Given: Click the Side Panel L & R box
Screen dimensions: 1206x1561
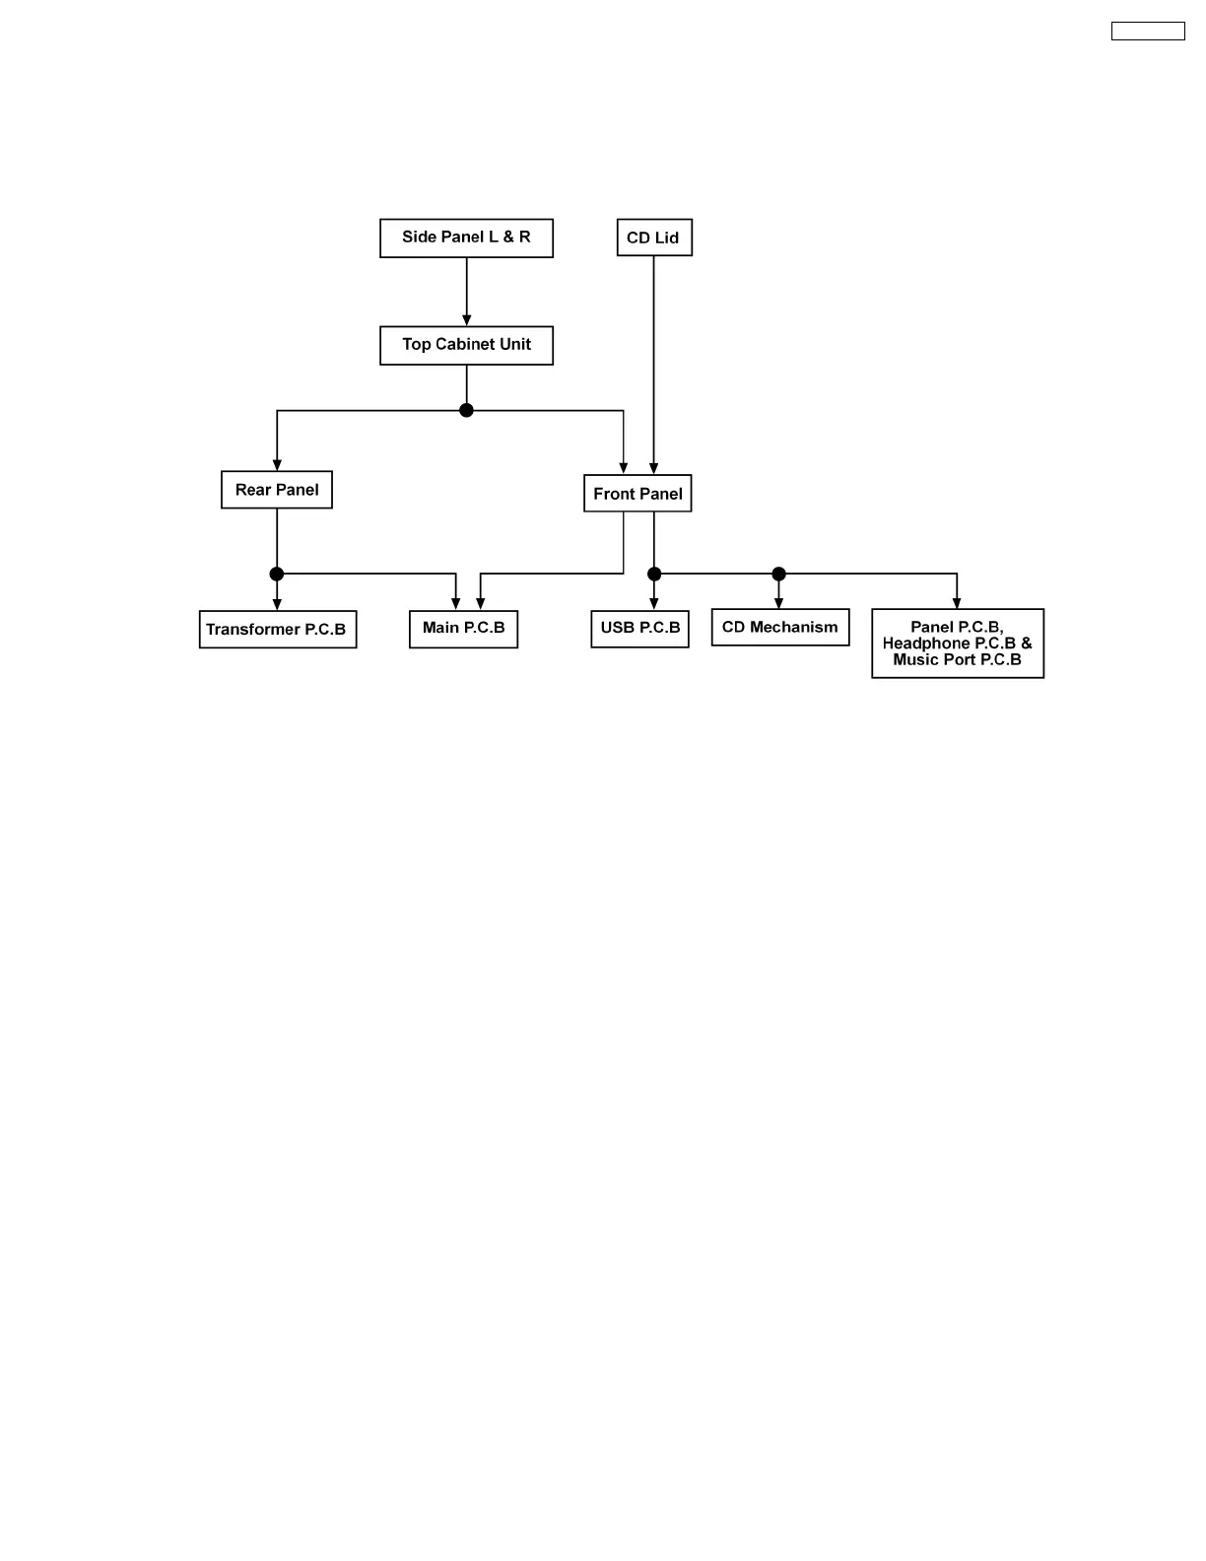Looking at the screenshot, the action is pyautogui.click(x=466, y=238).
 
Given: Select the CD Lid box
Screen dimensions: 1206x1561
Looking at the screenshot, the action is pyautogui.click(x=654, y=238).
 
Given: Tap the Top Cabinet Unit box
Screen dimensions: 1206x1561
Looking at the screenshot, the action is pyautogui.click(x=466, y=345).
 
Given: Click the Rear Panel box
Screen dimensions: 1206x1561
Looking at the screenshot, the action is pyautogui.click(x=277, y=490).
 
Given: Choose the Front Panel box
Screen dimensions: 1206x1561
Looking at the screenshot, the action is pyautogui.click(x=637, y=494).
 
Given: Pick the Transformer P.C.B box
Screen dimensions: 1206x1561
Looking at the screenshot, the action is pyautogui.click(x=277, y=630).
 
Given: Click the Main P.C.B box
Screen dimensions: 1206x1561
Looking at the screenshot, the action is pyautogui.click(x=463, y=629).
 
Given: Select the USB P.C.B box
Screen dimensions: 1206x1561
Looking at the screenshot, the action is pyautogui.click(x=639, y=629).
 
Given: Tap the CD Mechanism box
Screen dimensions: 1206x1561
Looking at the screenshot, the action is pyautogui.click(x=779, y=628).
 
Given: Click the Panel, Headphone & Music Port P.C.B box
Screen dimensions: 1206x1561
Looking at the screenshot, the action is pyautogui.click(x=957, y=644).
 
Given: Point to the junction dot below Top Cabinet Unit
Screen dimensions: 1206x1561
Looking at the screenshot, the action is pyautogui.click(x=466, y=410).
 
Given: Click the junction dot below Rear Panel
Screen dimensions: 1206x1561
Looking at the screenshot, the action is pyautogui.click(x=277, y=574).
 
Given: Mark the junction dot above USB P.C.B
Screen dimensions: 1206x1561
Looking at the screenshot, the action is pyautogui.click(x=654, y=574).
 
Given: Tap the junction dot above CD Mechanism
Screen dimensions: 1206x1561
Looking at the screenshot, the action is pyautogui.click(x=778, y=574).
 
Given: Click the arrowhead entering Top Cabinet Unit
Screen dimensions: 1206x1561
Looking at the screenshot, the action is pyautogui.click(x=466, y=320).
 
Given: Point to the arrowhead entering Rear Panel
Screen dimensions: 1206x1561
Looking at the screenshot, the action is pyautogui.click(x=277, y=465).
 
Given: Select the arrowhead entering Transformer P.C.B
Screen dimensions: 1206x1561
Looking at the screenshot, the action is pyautogui.click(x=277, y=604).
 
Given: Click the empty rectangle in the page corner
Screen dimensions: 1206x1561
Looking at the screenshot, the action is pyautogui.click(x=1148, y=32).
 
